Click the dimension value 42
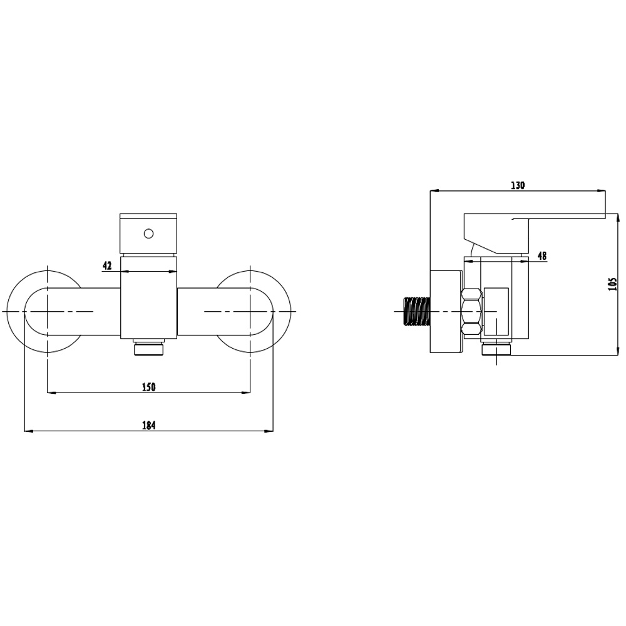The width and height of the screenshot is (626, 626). coord(108,265)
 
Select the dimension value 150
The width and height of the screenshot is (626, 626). coord(148,387)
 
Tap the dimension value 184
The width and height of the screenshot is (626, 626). coord(148,425)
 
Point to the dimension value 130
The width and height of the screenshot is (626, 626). coord(518,185)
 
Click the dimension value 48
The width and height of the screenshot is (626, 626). coord(541,255)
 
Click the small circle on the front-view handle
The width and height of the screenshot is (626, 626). coord(148,233)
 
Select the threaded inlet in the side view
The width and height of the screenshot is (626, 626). coord(417,311)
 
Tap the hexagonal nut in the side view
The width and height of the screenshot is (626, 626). coord(471,311)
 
